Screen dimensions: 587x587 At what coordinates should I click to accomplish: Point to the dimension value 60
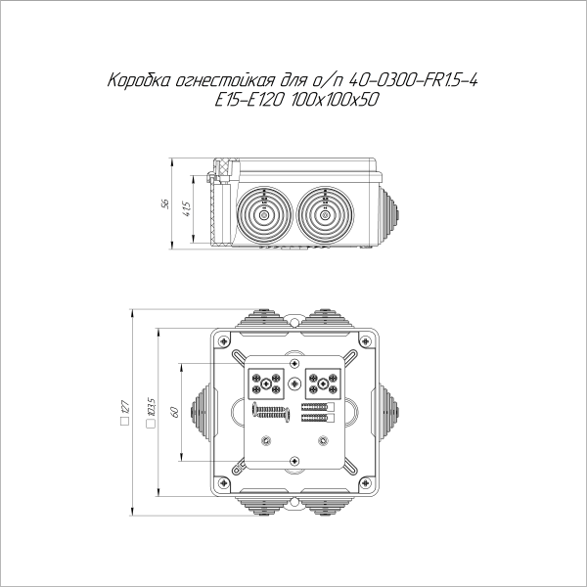(173, 412)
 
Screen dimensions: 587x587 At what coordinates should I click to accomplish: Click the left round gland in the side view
(264, 209)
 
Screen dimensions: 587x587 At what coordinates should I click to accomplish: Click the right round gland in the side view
(323, 209)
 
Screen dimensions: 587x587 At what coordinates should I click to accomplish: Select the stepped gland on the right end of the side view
(391, 208)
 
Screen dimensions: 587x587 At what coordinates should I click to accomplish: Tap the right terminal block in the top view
(321, 382)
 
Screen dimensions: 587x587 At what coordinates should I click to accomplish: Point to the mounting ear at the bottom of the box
(293, 462)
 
